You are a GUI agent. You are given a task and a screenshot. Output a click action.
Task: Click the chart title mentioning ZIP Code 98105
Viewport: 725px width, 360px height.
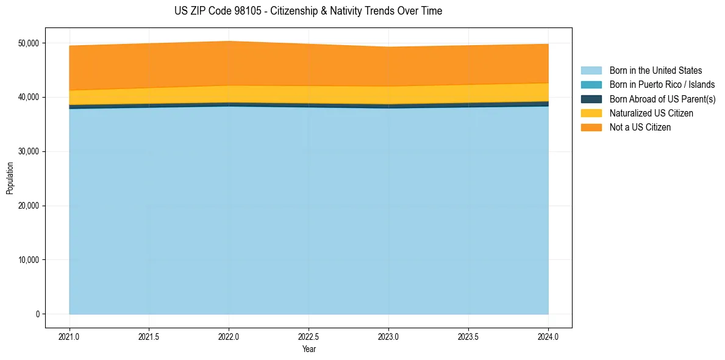(308, 11)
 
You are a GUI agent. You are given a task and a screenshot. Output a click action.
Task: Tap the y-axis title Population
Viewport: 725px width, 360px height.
(10, 178)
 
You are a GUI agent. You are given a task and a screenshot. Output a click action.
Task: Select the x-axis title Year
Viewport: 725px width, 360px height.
(309, 349)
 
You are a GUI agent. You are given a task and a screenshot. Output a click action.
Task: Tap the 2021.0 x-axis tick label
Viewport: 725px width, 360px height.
(70, 336)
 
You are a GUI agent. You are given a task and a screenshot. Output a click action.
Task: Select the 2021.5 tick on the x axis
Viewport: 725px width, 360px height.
(149, 336)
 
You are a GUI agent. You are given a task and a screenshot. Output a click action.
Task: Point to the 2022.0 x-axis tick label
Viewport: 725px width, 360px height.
(229, 336)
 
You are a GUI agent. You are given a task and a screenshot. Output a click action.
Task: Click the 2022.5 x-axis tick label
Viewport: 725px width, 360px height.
(309, 336)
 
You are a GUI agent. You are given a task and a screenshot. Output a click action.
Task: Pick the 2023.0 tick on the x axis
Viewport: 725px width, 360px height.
(388, 336)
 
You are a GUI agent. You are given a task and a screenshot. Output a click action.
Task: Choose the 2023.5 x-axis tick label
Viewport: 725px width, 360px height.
(468, 336)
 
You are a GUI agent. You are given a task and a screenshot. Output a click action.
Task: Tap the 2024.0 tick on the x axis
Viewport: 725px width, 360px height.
(548, 336)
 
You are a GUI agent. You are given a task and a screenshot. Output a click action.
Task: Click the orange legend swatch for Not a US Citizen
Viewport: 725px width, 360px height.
(591, 128)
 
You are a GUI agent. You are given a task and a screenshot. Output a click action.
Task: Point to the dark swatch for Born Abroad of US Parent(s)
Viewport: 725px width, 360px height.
(591, 99)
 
